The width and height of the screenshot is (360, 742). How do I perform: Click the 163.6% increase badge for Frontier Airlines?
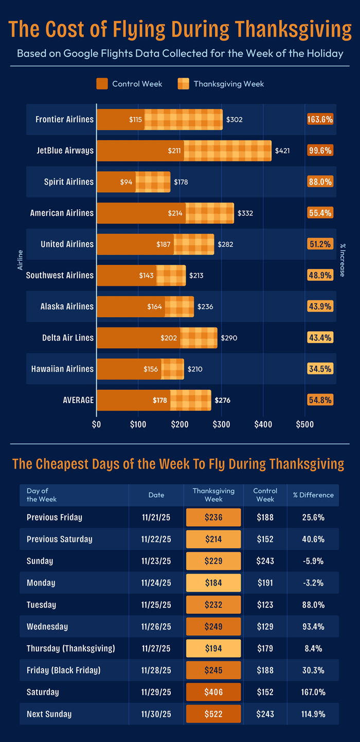point(320,119)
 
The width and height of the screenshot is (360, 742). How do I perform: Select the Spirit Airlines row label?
point(69,182)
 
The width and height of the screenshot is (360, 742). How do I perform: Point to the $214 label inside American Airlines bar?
point(175,213)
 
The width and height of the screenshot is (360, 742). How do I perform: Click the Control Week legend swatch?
point(102,84)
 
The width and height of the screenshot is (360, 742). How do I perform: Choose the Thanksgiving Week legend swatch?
point(184,84)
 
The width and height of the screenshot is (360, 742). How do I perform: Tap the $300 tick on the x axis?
point(221,424)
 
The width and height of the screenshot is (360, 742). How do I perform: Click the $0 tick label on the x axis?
point(96,424)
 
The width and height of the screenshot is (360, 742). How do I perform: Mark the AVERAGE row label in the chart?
point(78,400)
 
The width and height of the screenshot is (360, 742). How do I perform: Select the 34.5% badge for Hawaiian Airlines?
point(320,369)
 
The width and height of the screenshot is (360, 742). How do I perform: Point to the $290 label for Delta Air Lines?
point(229,338)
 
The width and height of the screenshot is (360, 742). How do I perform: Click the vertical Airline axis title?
point(21,260)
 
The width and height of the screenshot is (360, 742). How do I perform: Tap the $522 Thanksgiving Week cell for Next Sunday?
point(213,714)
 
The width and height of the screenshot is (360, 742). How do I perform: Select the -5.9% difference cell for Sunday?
point(313,561)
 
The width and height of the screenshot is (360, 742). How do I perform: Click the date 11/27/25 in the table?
point(156,648)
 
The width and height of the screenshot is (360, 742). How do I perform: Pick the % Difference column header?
point(313,495)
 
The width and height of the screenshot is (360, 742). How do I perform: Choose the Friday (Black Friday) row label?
point(63,670)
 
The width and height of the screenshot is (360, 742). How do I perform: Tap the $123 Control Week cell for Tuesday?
point(265,605)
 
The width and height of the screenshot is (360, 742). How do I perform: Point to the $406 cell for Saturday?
point(213,692)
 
